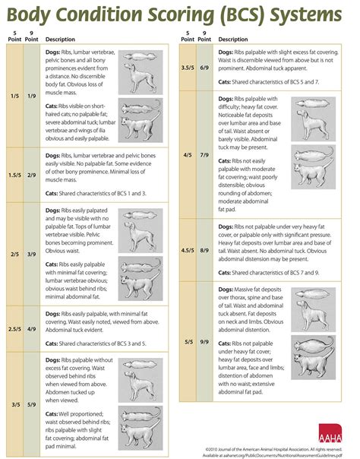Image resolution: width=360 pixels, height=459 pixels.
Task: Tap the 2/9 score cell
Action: tap(32, 175)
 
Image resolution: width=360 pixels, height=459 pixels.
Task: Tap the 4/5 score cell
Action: tap(188, 155)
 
